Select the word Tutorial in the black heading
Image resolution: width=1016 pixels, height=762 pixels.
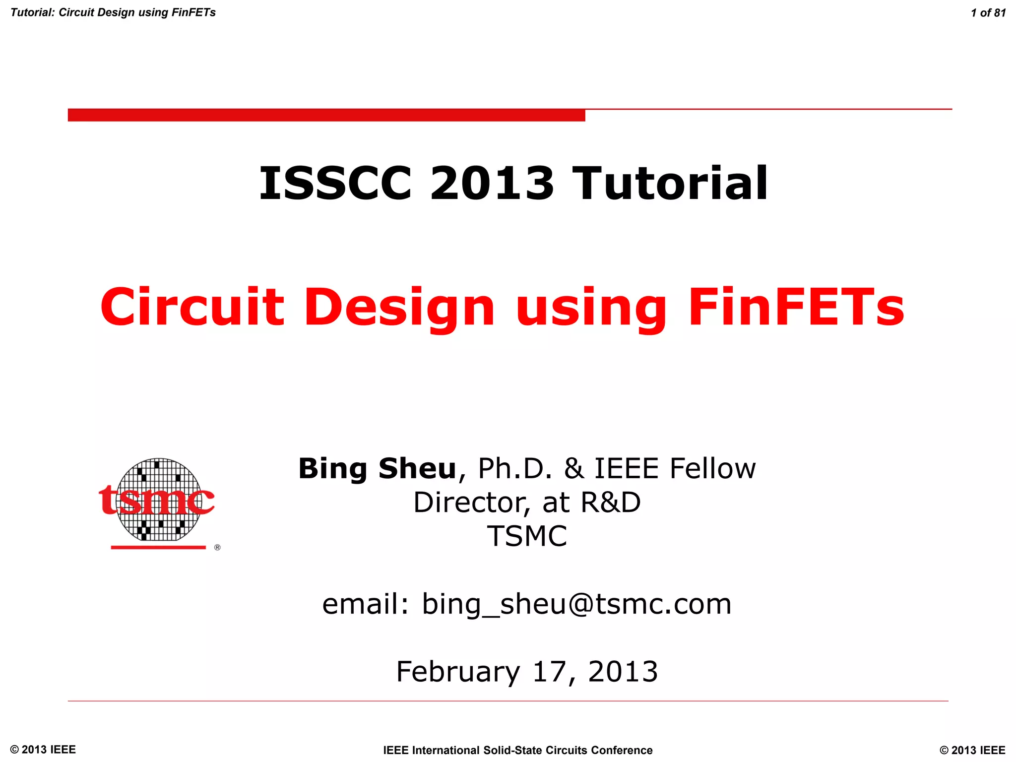click(x=670, y=184)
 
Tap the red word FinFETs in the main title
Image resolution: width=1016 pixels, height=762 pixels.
click(x=796, y=308)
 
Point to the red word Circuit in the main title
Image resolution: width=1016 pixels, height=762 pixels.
click(x=192, y=308)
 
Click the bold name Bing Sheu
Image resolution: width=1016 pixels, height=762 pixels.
click(x=377, y=468)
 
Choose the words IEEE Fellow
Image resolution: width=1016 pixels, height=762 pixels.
click(x=675, y=468)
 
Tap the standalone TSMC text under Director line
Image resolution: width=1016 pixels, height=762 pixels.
click(x=527, y=536)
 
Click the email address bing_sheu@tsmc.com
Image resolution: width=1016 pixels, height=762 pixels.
click(x=576, y=604)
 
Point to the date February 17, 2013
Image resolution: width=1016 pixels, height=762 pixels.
click(x=527, y=672)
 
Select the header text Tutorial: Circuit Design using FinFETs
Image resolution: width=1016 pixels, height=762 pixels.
click(x=113, y=13)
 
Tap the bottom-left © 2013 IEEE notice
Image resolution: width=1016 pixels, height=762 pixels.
click(x=43, y=750)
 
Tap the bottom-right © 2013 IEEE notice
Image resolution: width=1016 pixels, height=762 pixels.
click(x=972, y=750)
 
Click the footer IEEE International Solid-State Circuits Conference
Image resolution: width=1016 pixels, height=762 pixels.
click(x=518, y=750)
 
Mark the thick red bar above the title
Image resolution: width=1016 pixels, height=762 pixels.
click(x=326, y=115)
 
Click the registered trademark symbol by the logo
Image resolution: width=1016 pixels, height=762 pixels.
click(x=217, y=547)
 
